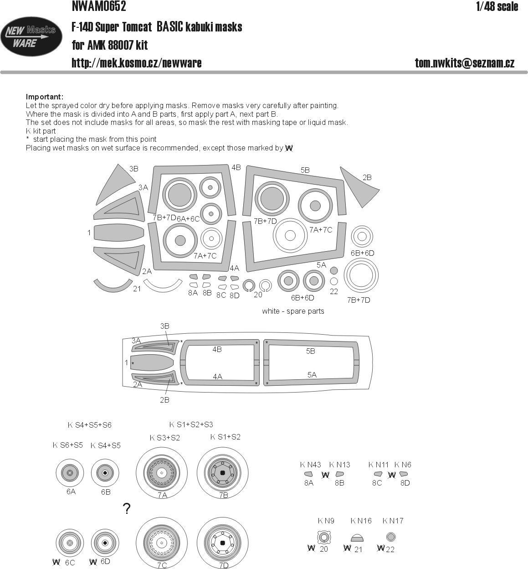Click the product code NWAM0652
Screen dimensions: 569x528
point(98,7)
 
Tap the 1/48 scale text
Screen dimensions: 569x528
point(497,7)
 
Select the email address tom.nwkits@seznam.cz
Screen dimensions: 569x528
point(464,63)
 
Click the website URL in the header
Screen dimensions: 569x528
point(136,63)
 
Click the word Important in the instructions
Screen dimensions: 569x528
point(44,97)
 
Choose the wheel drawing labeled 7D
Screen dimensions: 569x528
point(222,543)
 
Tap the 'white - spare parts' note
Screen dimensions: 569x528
point(293,311)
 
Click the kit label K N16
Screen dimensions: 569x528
point(361,521)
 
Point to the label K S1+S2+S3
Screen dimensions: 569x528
point(191,424)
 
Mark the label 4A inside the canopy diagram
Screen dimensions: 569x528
point(217,377)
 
